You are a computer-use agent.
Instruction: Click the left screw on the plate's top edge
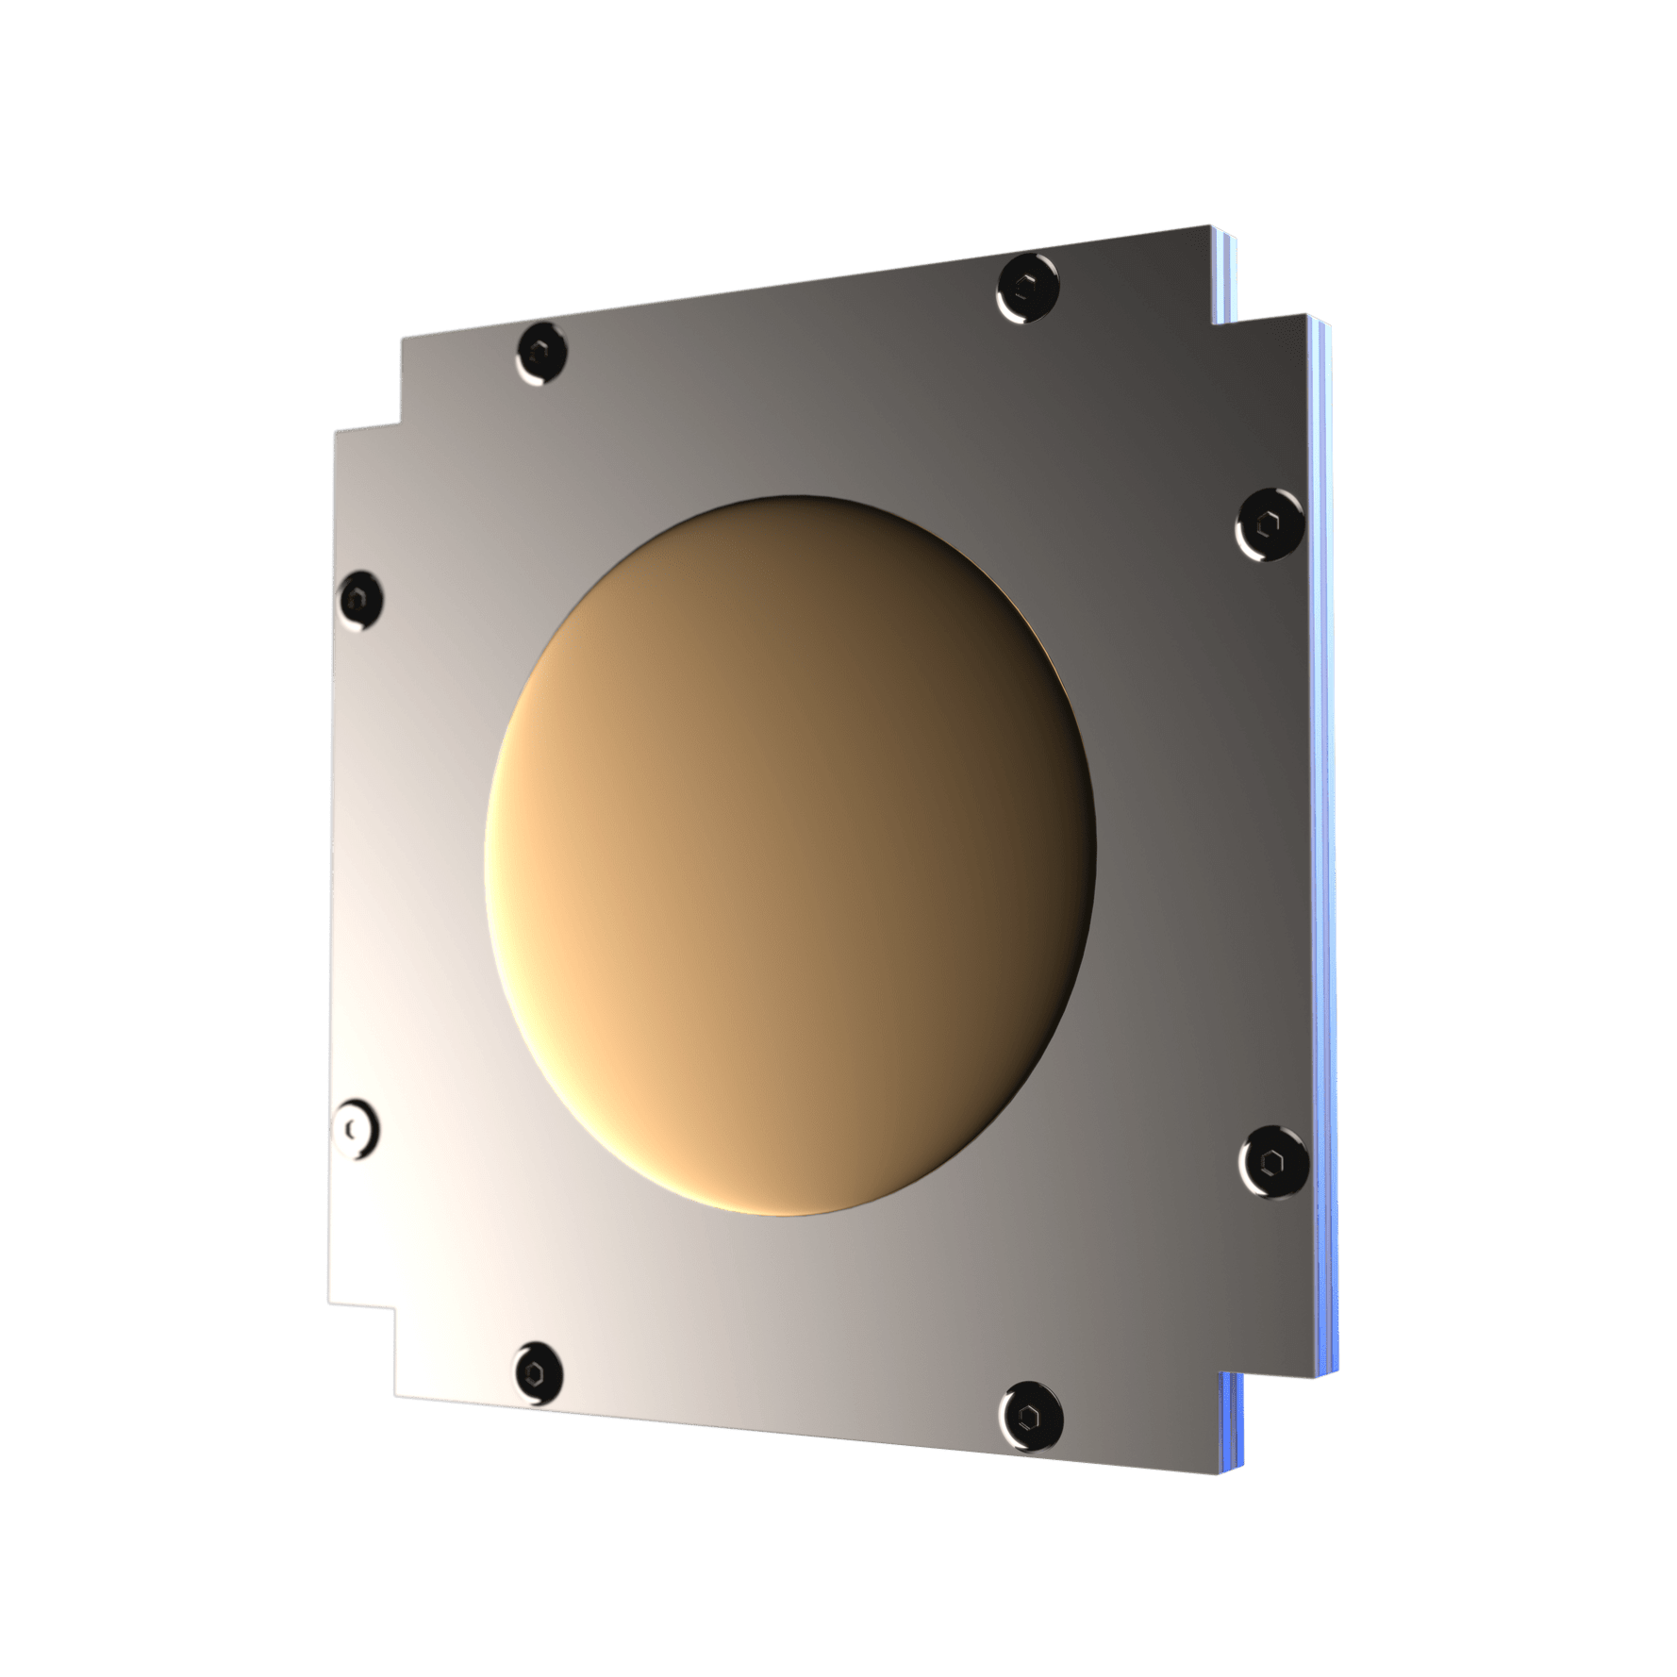(541, 355)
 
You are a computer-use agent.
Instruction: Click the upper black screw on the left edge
(359, 599)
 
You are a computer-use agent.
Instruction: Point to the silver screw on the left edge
(356, 1128)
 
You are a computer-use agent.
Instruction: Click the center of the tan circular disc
(790, 854)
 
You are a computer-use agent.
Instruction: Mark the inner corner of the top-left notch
(403, 420)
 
